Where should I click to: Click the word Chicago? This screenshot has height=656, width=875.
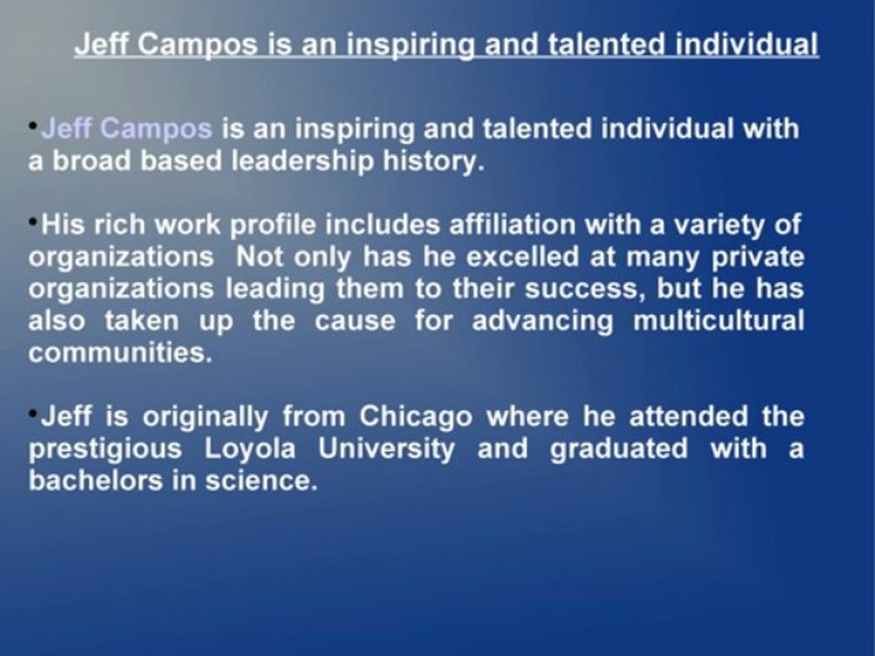pyautogui.click(x=417, y=417)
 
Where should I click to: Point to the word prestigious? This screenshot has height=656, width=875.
pyautogui.click(x=102, y=450)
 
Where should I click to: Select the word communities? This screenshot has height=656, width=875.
pyautogui.click(x=119, y=354)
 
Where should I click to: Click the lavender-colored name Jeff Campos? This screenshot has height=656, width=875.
pyautogui.click(x=127, y=129)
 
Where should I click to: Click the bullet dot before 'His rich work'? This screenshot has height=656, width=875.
pyautogui.click(x=34, y=220)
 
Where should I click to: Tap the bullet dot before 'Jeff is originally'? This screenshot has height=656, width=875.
pyautogui.click(x=34, y=412)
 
